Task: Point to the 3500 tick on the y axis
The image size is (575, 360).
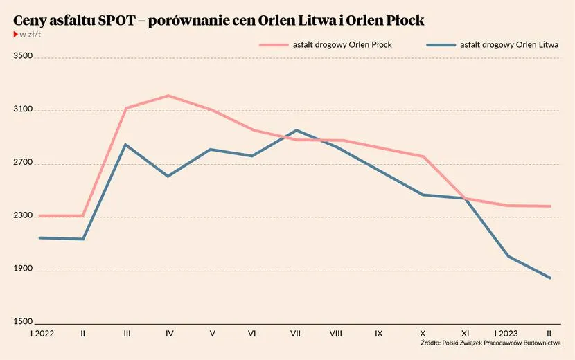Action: point(24,57)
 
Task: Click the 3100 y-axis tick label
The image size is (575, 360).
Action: point(24,110)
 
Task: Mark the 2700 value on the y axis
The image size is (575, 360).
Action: point(24,163)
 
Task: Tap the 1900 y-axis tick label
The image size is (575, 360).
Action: point(24,269)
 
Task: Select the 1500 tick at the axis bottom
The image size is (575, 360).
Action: point(24,322)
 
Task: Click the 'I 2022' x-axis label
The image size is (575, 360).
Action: point(41,334)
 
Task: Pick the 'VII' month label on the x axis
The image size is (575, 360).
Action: point(296,334)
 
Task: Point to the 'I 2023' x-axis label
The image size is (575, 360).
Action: point(506,334)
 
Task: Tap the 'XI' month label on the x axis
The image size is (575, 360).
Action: point(465,334)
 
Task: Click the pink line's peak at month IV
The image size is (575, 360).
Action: point(169,96)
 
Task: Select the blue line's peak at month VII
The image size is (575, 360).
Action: point(296,130)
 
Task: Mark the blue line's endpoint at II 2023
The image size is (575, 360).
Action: point(550,278)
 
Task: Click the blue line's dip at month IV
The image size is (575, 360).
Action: point(168,177)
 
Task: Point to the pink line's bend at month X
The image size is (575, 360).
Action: point(423,156)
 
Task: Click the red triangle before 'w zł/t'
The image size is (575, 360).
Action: point(16,34)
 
